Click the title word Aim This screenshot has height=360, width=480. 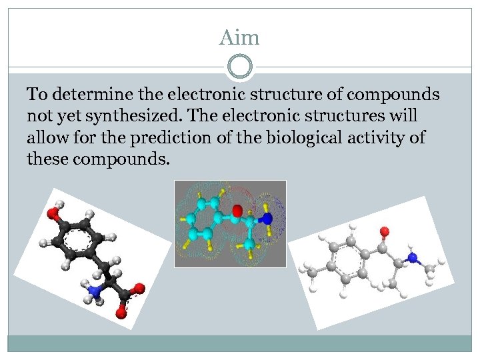click(239, 38)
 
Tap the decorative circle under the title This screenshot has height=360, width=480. click(240, 67)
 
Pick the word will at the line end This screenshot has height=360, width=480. click(402, 115)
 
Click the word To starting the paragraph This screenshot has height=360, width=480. click(35, 95)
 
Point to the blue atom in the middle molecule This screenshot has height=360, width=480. click(266, 218)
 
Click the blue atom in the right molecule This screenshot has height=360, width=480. click(413, 258)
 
